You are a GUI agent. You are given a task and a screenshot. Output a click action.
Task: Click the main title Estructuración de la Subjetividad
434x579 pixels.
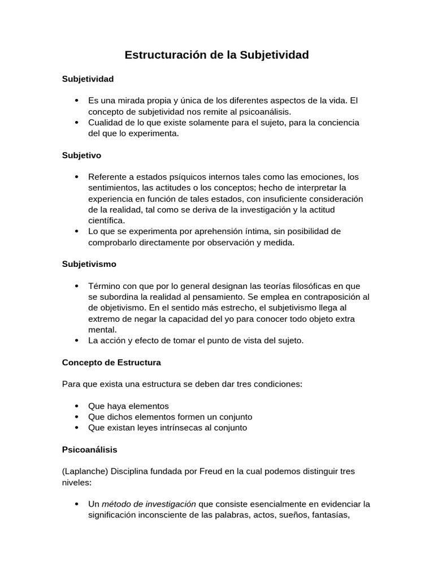click(216, 55)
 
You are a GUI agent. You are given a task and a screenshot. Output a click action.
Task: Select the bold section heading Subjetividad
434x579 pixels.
click(88, 79)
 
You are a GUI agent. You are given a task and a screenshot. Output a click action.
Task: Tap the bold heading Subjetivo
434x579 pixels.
click(81, 154)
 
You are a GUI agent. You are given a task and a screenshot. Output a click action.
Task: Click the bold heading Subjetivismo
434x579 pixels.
click(89, 263)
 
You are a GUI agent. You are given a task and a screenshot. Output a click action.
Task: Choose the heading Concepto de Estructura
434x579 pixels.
click(111, 362)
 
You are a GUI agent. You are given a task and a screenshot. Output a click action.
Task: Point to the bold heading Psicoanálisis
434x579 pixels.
click(89, 450)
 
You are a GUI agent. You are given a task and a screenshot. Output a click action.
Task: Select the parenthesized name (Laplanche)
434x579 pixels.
click(84, 471)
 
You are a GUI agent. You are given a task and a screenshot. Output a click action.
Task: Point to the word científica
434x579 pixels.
click(106, 221)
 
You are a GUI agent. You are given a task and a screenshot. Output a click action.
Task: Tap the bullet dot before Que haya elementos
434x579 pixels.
click(76, 406)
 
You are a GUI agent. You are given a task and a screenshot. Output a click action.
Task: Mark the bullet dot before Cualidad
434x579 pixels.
click(76, 122)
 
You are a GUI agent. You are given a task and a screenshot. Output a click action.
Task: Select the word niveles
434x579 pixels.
click(76, 482)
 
